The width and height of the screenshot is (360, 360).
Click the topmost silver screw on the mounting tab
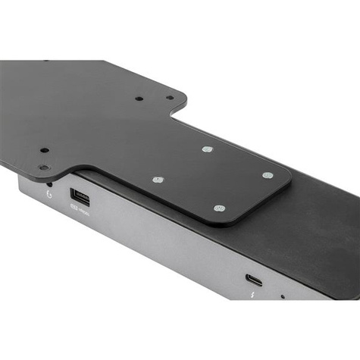click(x=207, y=149)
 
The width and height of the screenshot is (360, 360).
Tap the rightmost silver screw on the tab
click(x=268, y=175)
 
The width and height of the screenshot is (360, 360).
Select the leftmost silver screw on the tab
click(x=157, y=180)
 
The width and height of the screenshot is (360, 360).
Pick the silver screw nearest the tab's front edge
click(x=219, y=208)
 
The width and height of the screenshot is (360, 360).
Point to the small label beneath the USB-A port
click(x=82, y=213)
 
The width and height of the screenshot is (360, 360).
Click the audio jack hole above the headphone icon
click(x=49, y=183)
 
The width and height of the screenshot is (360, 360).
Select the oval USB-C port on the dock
click(x=255, y=280)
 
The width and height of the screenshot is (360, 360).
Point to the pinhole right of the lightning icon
click(x=283, y=296)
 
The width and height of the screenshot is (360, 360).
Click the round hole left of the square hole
click(x=139, y=99)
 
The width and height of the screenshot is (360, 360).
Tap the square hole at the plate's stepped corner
click(x=170, y=97)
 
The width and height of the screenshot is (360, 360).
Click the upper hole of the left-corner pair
click(x=45, y=150)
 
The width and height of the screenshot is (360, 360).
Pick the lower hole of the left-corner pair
click(x=43, y=167)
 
